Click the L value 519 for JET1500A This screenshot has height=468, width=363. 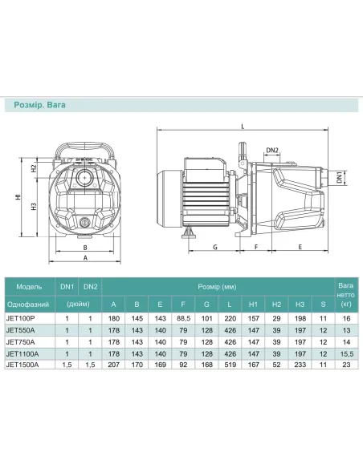(x=230, y=364)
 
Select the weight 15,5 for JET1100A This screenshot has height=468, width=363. (x=345, y=352)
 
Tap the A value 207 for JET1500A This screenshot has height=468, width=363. (x=113, y=364)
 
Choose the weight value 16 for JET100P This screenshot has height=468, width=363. (x=345, y=317)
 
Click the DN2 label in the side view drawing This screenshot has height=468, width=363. (x=271, y=150)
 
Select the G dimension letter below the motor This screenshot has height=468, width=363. (x=216, y=248)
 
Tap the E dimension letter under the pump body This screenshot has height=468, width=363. (x=299, y=248)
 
